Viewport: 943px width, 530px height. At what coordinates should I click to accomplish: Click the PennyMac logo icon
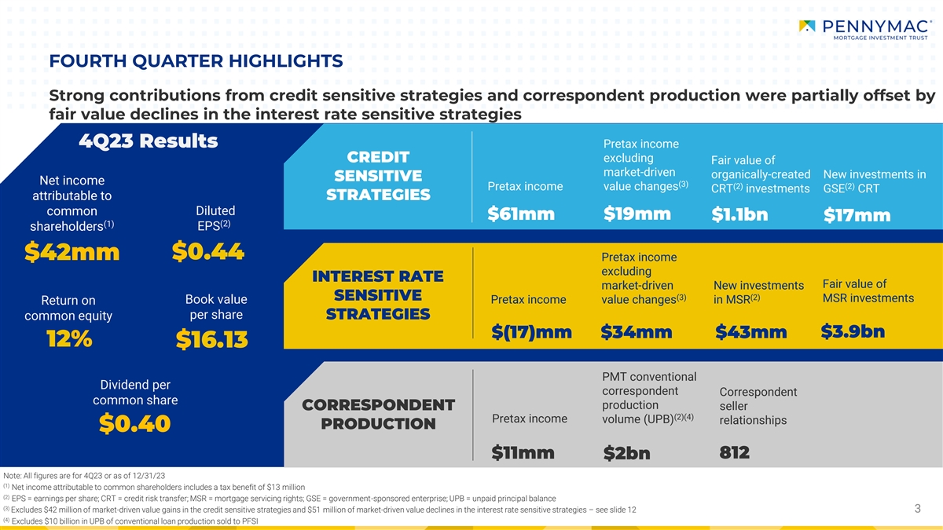pos(807,26)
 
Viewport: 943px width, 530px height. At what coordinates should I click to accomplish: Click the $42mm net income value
pos(72,252)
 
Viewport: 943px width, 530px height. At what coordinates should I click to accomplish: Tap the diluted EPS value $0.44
pos(208,251)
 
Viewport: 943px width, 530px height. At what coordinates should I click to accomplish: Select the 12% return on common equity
pos(69,338)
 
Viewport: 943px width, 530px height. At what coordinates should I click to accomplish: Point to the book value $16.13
pos(211,339)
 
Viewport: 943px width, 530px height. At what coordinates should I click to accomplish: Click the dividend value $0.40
pos(135,423)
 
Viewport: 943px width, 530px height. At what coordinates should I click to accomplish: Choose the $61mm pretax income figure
pos(521,214)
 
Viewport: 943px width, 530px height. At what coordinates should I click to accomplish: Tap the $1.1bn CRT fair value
pos(739,214)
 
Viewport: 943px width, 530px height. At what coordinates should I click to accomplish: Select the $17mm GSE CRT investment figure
pos(857,215)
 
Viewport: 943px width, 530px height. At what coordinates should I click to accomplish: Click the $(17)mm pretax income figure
pos(532,332)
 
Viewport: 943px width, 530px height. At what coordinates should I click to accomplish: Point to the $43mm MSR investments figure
pos(751,332)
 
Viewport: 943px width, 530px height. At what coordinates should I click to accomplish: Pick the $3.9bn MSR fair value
pos(853,331)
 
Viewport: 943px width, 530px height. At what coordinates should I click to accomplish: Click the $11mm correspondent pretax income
pos(523,453)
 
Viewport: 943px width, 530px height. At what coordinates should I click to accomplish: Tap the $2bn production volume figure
pos(627,453)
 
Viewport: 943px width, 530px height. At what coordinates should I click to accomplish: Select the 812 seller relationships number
pos(735,452)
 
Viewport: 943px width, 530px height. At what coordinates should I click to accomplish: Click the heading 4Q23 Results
pos(149,141)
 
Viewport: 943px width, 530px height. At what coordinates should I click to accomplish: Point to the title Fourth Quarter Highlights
pos(196,61)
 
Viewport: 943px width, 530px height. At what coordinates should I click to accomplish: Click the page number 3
pos(918,509)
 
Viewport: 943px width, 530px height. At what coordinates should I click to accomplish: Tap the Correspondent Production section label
pos(379,415)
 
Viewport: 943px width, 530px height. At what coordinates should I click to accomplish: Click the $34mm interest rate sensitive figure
pos(637,332)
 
